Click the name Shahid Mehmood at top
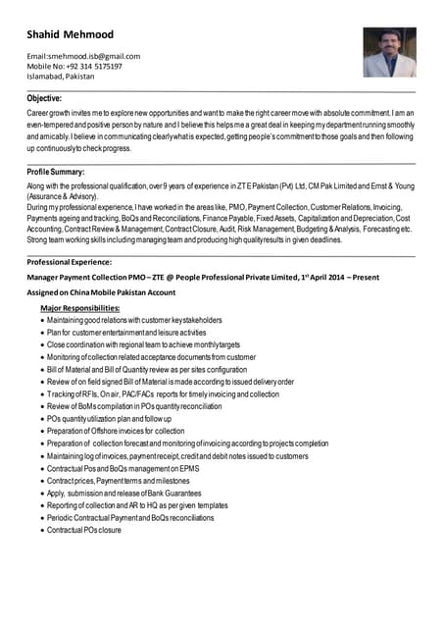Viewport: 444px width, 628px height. tap(71, 35)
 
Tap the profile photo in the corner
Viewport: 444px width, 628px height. tap(389, 52)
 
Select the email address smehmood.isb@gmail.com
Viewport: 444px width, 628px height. tap(83, 56)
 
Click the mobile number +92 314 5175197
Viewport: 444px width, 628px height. tap(74, 67)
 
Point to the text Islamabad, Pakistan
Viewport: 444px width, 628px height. tap(61, 77)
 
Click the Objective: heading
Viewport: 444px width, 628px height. tap(45, 98)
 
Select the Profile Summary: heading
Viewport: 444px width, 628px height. tap(55, 172)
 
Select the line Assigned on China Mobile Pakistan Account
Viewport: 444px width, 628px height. tap(101, 292)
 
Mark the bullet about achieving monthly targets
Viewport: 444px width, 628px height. tap(143, 345)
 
